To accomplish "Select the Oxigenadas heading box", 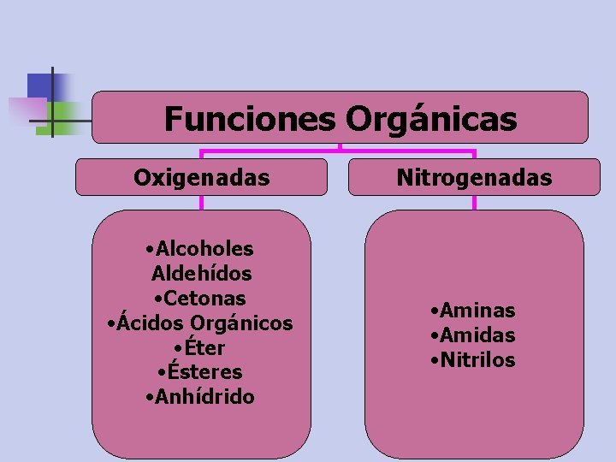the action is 202,177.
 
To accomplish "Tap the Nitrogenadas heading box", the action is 474,177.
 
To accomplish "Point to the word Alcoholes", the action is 204,249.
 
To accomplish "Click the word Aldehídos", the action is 201,274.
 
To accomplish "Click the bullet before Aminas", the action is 435,311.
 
